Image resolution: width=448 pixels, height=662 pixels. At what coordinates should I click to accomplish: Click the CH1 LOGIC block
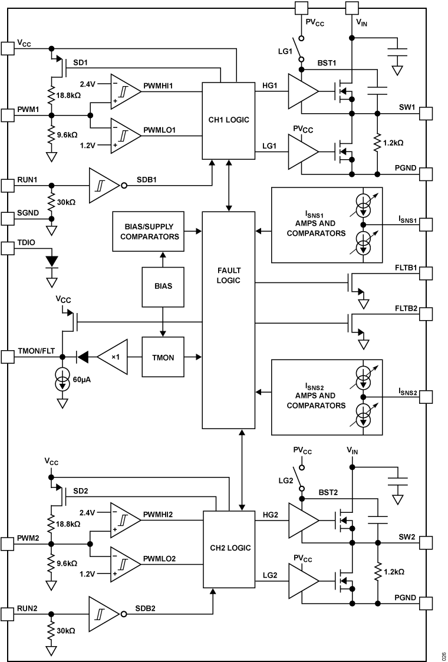coord(229,120)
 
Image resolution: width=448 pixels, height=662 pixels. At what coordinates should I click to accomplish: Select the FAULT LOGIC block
coord(229,275)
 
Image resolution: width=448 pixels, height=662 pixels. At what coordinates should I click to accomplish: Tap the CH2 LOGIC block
coord(229,548)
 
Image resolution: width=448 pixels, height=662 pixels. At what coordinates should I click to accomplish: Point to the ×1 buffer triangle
coord(113,357)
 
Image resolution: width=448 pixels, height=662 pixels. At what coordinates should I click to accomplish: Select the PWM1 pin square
coord(7,114)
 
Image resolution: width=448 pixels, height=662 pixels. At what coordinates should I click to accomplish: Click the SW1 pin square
coord(426,113)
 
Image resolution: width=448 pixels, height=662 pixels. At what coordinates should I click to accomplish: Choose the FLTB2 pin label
coord(406,308)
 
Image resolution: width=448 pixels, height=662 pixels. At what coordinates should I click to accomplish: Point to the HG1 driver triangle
coord(302,91)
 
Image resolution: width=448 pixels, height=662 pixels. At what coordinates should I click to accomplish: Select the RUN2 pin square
coord(7,614)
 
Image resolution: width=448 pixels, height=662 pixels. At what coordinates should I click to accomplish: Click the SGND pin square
coord(7,218)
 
